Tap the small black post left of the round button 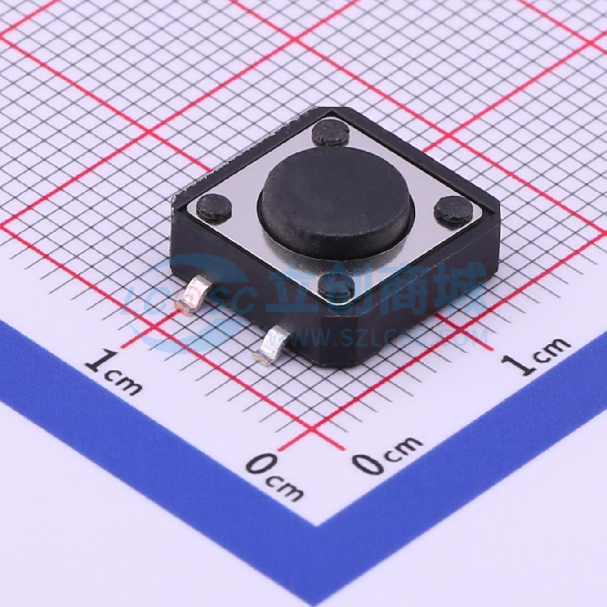pyautogui.click(x=214, y=206)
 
